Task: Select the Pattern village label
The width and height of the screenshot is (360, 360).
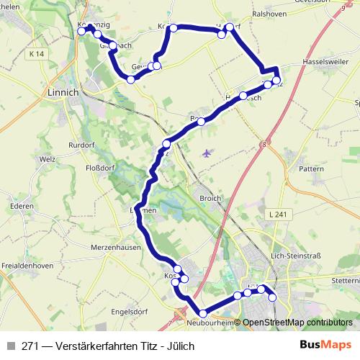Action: (x=312, y=168)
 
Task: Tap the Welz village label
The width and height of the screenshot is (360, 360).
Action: (x=48, y=159)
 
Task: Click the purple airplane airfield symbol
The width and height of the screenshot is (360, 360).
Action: (x=208, y=153)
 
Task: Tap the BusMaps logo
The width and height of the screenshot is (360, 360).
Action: (x=325, y=345)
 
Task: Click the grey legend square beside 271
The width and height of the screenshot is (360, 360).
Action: (x=9, y=346)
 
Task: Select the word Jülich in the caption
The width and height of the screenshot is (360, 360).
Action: (x=180, y=346)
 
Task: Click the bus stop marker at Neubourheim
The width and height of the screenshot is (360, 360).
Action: (x=203, y=313)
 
